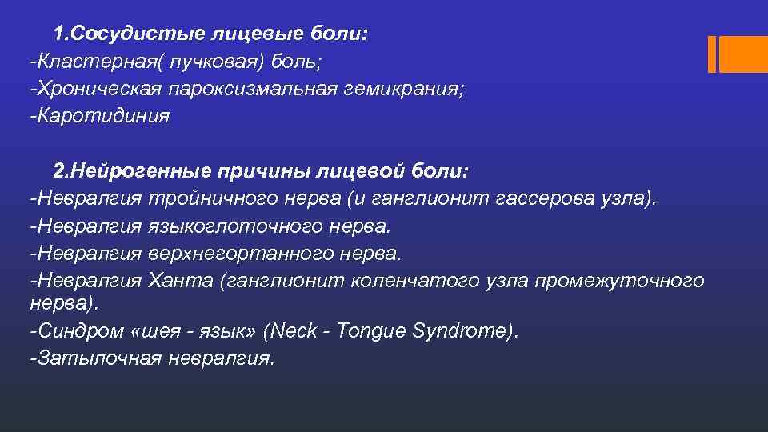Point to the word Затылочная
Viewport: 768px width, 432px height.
click(x=95, y=358)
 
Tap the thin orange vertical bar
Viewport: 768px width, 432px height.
click(x=712, y=54)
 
